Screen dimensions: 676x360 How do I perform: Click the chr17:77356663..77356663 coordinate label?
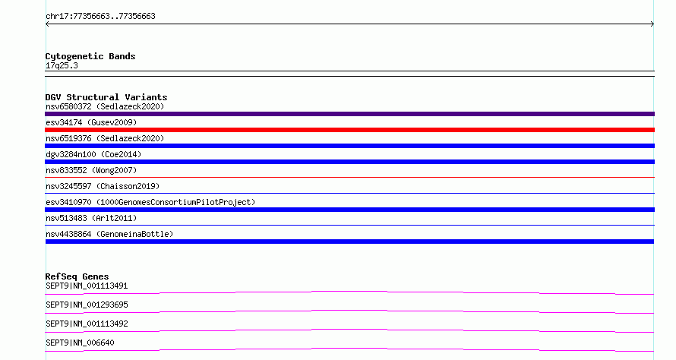point(100,17)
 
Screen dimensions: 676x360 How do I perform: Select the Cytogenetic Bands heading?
point(90,56)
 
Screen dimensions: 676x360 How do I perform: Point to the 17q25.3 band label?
point(62,65)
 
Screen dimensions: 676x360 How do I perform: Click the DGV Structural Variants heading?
point(106,97)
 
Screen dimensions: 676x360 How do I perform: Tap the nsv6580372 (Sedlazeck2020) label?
point(105,106)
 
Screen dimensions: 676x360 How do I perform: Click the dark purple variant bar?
point(349,114)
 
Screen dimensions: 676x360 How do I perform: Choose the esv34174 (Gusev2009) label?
point(91,122)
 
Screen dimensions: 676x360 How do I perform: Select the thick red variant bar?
point(349,130)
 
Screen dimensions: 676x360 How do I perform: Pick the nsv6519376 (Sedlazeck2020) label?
point(105,138)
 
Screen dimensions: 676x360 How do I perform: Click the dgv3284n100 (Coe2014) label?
point(93,154)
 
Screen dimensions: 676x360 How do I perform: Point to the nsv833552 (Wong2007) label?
point(91,170)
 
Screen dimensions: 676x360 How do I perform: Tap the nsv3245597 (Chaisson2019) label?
point(103,186)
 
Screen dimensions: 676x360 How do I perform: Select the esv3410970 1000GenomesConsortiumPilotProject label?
point(150,202)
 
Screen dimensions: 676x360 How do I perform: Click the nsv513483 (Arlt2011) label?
point(91,218)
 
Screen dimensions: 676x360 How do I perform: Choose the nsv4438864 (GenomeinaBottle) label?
point(109,234)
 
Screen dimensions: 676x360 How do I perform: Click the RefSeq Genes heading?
point(77,276)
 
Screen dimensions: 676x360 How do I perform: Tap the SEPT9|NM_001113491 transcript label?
point(87,286)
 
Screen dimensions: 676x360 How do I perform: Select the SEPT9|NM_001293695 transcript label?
point(87,305)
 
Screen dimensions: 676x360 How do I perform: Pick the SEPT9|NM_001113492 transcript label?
point(87,324)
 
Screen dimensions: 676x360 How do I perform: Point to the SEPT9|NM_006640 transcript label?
point(80,343)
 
